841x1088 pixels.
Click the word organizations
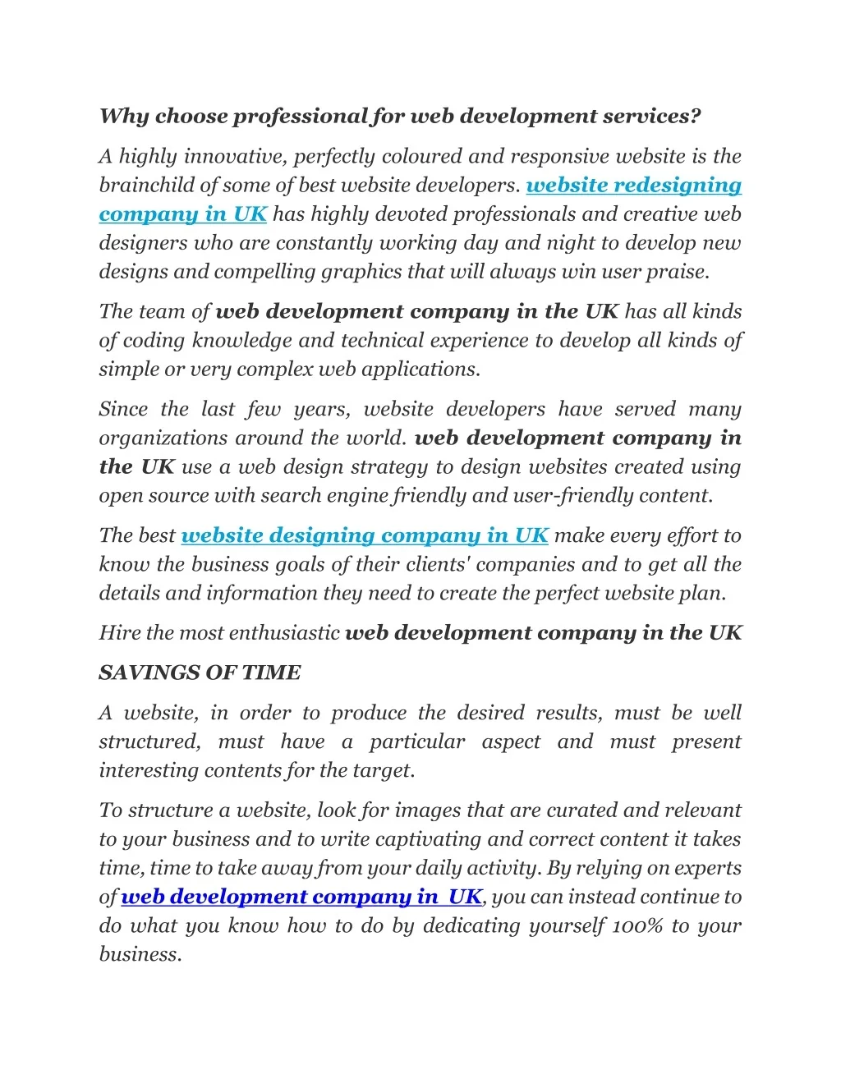164,438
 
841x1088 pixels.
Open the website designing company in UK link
364,536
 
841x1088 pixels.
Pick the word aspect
510,742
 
